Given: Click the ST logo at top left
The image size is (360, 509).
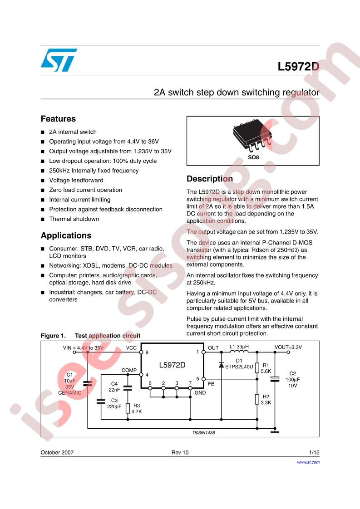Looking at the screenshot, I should pos(59,60).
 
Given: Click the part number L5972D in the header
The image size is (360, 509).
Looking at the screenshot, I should pos(298,67).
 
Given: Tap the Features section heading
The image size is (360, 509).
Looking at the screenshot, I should pos(58,119).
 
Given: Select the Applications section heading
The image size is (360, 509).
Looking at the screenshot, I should pos(66,235).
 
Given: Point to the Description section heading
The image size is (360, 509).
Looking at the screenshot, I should pos(209,179).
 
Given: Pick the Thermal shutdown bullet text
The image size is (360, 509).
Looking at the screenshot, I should pos(74,219).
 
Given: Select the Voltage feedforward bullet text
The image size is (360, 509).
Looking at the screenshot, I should pos(76,180).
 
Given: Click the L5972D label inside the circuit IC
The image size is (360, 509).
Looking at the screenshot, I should pos(172,365).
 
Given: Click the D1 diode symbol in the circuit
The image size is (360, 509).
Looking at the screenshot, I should pos(221,365).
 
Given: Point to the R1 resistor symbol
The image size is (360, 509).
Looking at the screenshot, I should pos(257,367).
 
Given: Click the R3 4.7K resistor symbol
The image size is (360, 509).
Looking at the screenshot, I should pos(128,409).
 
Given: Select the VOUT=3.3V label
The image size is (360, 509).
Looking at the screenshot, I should pos(288,347).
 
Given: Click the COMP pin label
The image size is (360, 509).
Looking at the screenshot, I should pos(129,370).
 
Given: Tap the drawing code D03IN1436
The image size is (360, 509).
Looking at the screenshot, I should pos(204,433).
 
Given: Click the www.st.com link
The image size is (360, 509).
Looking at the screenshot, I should pos(308,462).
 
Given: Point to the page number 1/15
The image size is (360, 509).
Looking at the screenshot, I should pos(314,452).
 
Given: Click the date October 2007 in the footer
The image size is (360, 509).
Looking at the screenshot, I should pos(57,452).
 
